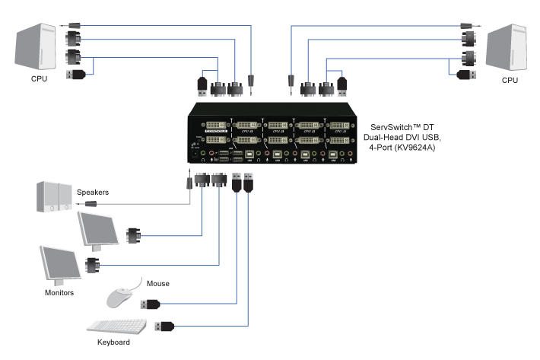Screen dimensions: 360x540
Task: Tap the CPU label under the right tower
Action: click(x=510, y=79)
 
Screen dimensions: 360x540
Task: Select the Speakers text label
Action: click(x=92, y=193)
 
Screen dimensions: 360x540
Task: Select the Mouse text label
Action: click(x=158, y=284)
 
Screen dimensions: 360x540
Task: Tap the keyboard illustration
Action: click(x=117, y=326)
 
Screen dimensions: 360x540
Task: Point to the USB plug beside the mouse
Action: click(x=150, y=304)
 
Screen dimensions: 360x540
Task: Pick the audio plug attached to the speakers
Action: click(x=93, y=204)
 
